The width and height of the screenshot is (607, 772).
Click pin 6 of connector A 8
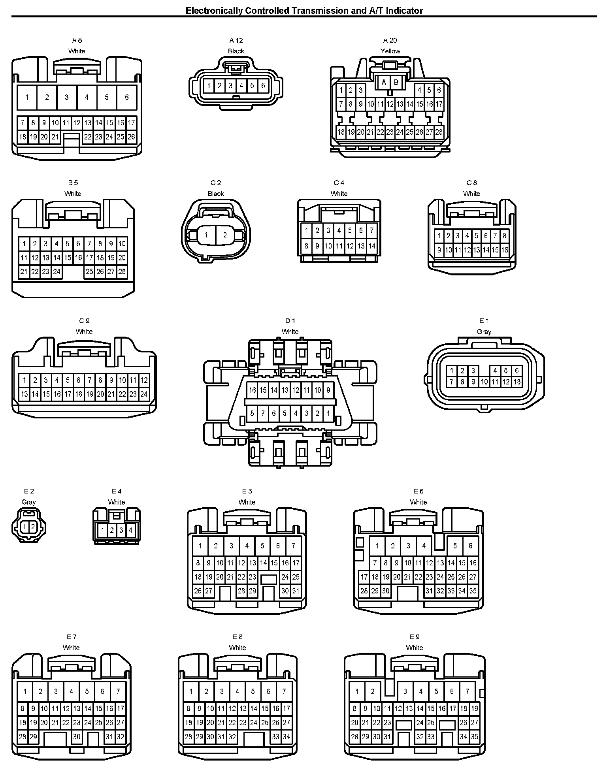click(126, 97)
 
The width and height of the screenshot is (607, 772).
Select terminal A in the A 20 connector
click(384, 83)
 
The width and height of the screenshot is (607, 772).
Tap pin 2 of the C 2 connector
click(225, 235)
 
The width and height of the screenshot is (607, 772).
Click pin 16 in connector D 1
click(253, 390)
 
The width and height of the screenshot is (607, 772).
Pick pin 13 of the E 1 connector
click(517, 382)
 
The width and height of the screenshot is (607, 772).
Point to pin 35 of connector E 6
click(473, 591)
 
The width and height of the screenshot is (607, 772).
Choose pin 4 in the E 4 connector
click(130, 530)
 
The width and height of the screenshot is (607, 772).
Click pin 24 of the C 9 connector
click(144, 394)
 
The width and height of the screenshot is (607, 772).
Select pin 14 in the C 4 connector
click(371, 246)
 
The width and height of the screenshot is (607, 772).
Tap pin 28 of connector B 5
click(122, 271)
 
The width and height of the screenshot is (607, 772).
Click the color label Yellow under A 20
click(390, 51)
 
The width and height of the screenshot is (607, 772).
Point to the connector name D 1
click(290, 321)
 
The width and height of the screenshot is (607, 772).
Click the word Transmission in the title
click(321, 11)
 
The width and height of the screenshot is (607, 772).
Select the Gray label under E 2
click(29, 502)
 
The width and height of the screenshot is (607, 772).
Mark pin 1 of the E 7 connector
click(25, 691)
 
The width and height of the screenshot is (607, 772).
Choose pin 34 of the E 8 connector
click(287, 736)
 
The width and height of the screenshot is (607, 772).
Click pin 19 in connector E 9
click(475, 708)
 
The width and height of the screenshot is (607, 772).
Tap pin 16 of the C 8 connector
click(505, 250)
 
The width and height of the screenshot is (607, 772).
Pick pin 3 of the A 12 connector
click(230, 85)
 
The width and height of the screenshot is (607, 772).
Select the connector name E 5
click(247, 491)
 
